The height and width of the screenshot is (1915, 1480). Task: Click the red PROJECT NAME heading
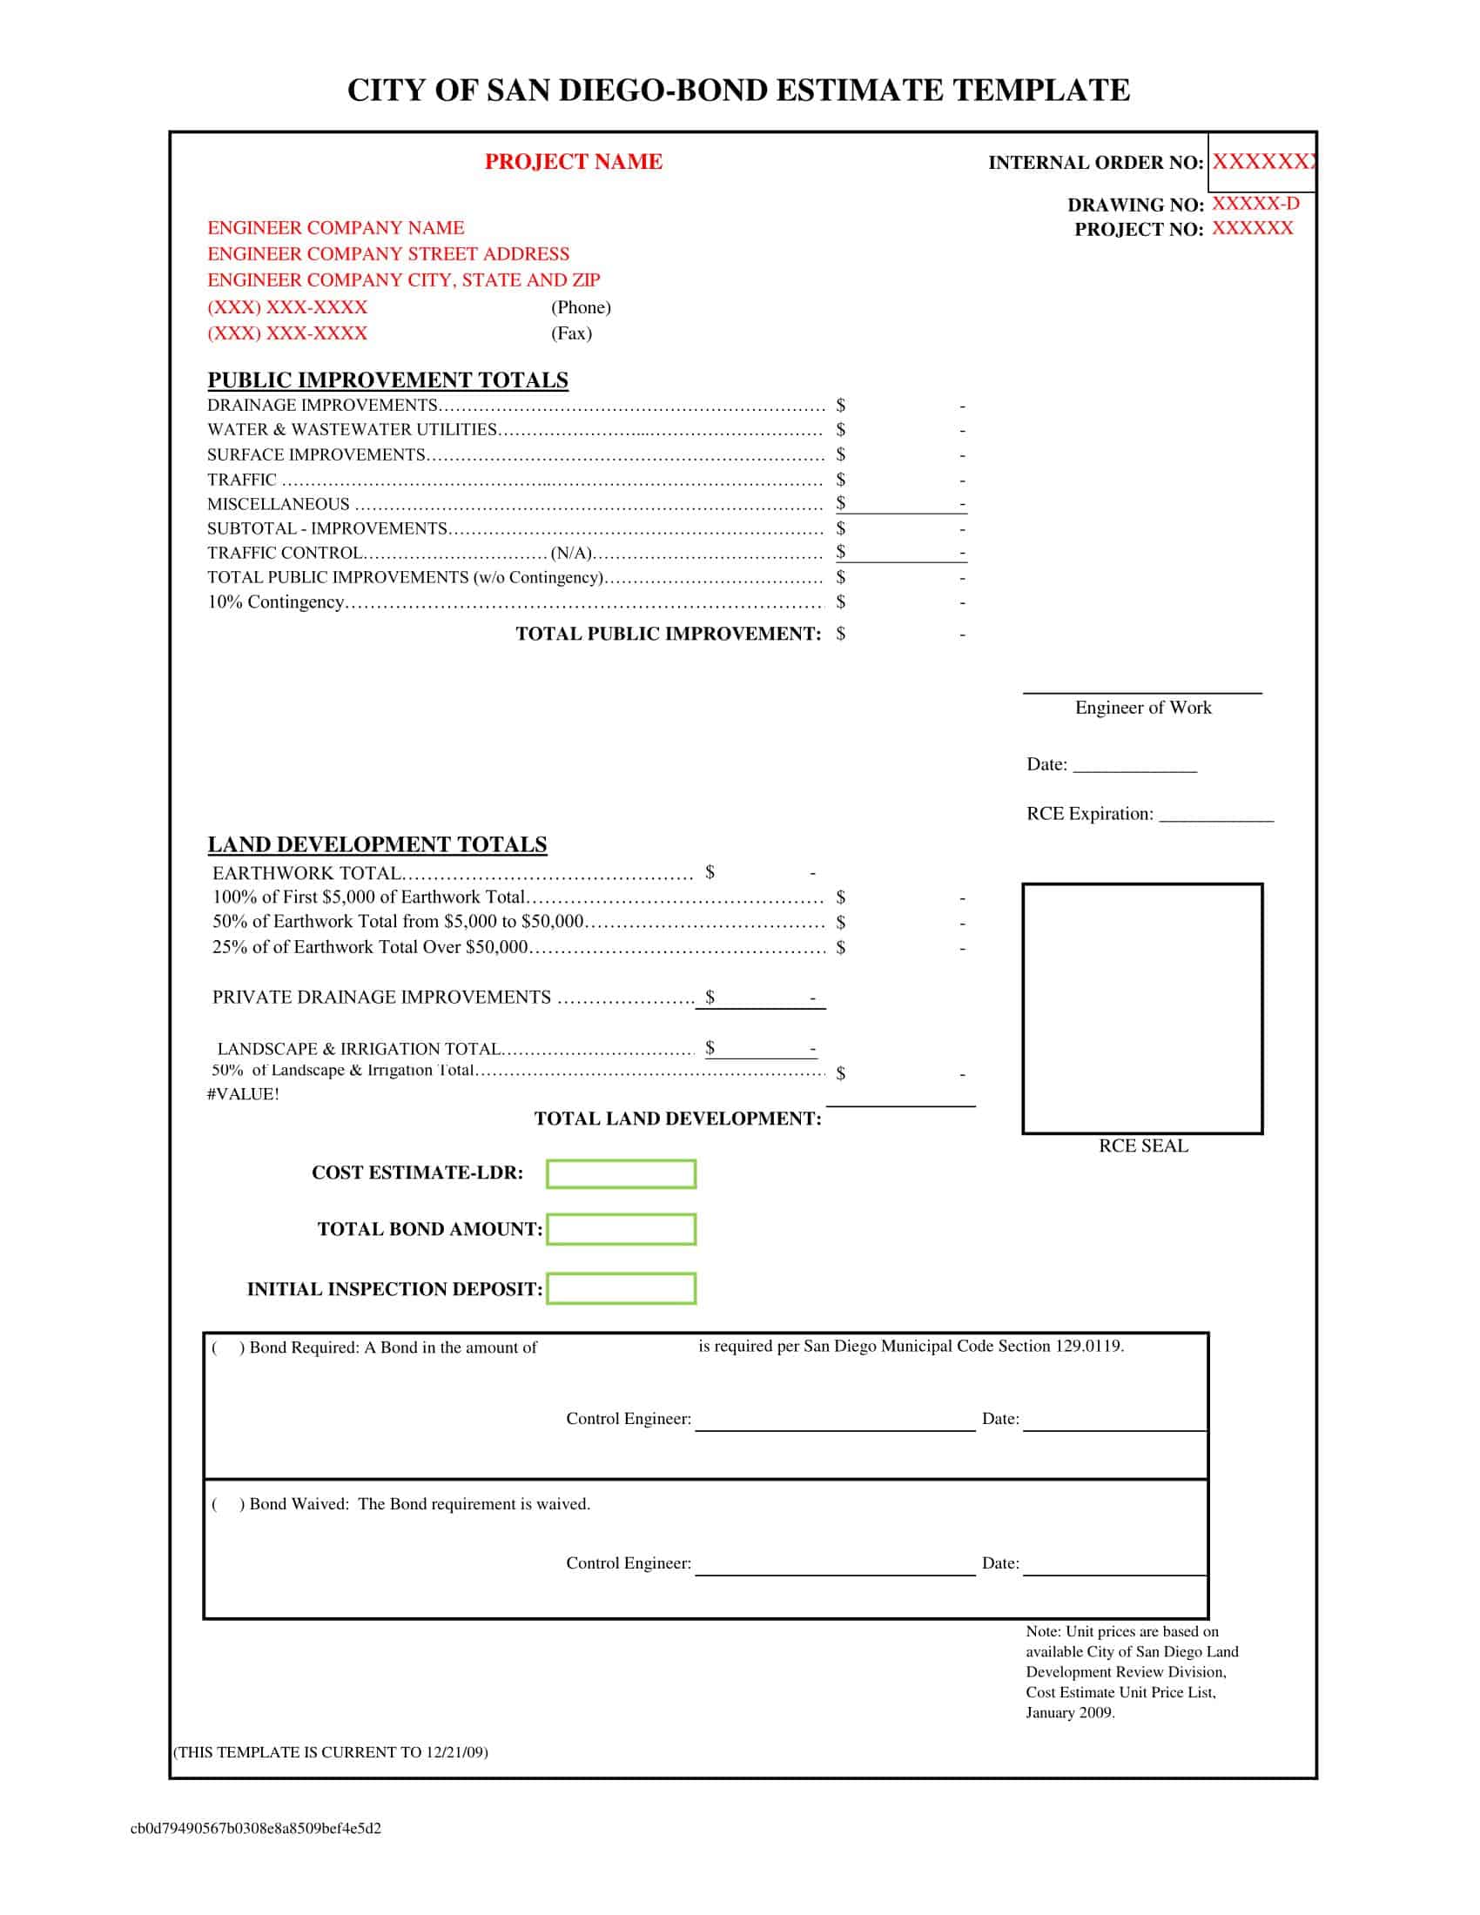point(574,162)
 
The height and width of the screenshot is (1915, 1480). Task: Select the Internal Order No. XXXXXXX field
point(1261,162)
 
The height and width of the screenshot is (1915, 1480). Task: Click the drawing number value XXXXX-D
point(1255,205)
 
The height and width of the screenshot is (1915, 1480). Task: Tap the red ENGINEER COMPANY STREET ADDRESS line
point(388,254)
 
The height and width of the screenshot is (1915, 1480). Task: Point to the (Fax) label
point(571,333)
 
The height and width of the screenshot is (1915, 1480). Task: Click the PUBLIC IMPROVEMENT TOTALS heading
point(387,380)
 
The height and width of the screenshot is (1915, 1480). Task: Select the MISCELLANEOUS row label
point(278,504)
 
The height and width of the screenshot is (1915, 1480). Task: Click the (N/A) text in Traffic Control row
point(571,554)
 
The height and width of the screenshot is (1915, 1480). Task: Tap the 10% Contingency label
point(275,602)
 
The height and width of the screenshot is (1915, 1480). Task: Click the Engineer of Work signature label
point(1142,708)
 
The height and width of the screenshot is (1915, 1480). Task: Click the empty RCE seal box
point(1141,1008)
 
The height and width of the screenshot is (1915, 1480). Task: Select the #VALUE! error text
point(243,1094)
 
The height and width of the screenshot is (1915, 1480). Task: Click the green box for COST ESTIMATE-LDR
point(621,1174)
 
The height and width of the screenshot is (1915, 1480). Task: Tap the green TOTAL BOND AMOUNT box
point(621,1229)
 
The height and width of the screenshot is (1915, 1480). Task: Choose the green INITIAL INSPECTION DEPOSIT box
point(621,1289)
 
